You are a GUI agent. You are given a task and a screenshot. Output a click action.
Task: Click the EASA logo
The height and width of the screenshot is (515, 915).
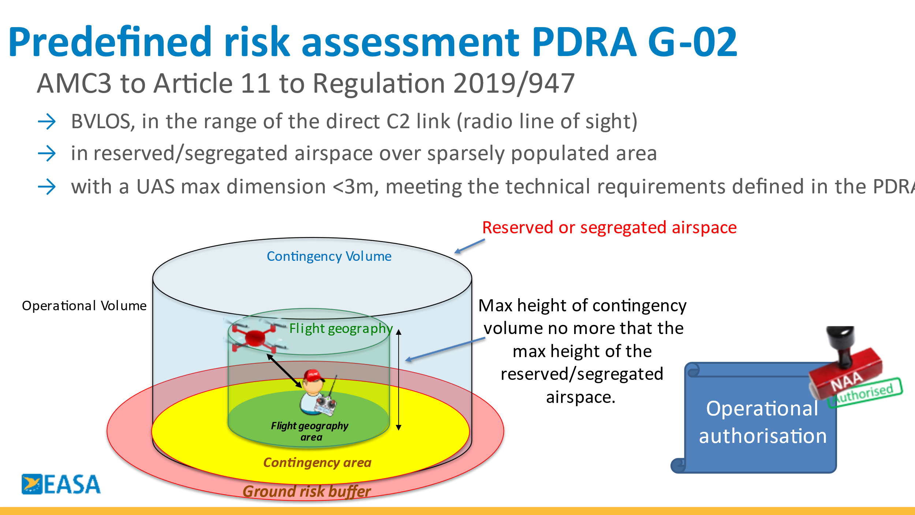point(61,484)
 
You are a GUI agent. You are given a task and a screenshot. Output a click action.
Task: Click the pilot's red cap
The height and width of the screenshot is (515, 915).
point(313,375)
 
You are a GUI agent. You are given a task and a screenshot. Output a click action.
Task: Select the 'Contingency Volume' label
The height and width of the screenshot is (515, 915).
point(329,256)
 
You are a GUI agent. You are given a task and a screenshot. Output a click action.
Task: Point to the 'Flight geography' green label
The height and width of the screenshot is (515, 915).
point(341,329)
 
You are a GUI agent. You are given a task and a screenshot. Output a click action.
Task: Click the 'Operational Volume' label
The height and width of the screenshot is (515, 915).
point(84,305)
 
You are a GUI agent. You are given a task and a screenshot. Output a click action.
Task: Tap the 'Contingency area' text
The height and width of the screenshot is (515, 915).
point(317,463)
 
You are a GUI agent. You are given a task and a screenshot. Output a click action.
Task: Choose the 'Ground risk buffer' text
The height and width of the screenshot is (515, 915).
point(307,492)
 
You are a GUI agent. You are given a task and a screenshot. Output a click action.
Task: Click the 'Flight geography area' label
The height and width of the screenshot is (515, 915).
point(310,431)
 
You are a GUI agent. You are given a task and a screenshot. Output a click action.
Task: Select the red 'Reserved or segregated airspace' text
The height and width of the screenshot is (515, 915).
point(609,227)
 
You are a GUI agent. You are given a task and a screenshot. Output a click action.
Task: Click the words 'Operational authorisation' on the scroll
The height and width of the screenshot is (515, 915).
point(763,422)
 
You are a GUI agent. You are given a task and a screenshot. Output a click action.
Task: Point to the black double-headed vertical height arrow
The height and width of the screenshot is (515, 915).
point(399,379)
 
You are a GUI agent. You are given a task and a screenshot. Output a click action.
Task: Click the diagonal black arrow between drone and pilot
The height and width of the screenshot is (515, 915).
point(284,371)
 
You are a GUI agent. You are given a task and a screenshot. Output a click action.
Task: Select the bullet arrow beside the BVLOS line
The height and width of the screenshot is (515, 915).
point(47,122)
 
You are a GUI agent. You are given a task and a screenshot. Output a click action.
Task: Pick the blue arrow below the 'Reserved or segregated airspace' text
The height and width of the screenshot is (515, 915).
point(470,246)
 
